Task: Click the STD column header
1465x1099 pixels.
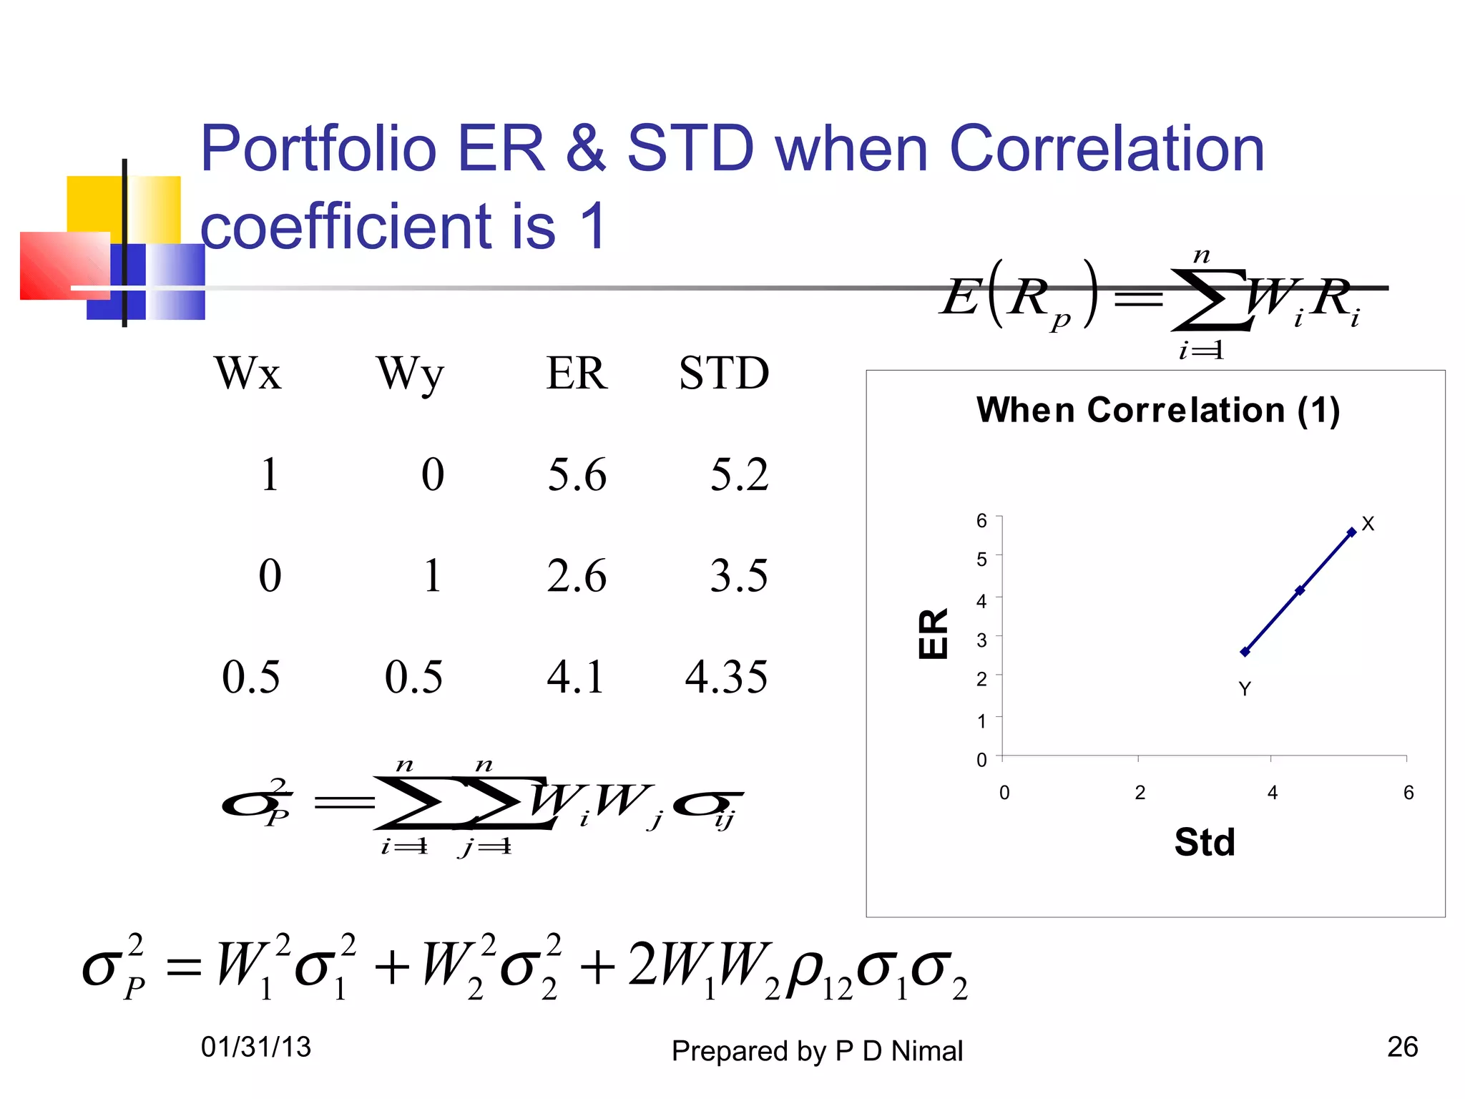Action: pyautogui.click(x=724, y=373)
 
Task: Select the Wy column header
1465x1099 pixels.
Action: pyautogui.click(x=410, y=375)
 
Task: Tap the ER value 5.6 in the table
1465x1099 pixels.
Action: pyautogui.click(x=577, y=475)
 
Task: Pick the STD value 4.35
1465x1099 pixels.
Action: pyautogui.click(x=726, y=677)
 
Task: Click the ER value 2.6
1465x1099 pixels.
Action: pyautogui.click(x=577, y=576)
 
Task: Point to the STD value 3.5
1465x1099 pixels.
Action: pyautogui.click(x=739, y=576)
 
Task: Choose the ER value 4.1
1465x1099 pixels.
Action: pyautogui.click(x=576, y=677)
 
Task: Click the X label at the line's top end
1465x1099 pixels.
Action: pyautogui.click(x=1368, y=524)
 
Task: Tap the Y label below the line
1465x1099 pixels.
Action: pyautogui.click(x=1245, y=689)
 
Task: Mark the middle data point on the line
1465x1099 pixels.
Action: pyautogui.click(x=1300, y=590)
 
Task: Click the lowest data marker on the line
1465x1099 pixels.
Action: pyautogui.click(x=1245, y=652)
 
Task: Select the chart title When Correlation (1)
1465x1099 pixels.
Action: pyautogui.click(x=1157, y=411)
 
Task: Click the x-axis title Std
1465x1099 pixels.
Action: pyautogui.click(x=1205, y=842)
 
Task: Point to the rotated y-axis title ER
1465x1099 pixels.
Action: pyautogui.click(x=934, y=634)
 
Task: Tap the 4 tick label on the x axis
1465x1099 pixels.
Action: pyautogui.click(x=1273, y=793)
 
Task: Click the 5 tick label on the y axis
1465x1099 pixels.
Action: pyautogui.click(x=981, y=560)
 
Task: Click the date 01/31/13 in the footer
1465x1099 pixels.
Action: pyautogui.click(x=256, y=1047)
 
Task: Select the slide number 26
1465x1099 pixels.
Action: pyautogui.click(x=1402, y=1047)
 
